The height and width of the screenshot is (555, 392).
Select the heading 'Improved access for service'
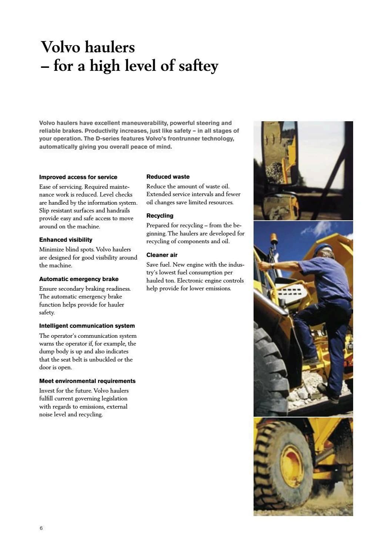pyautogui.click(x=78, y=177)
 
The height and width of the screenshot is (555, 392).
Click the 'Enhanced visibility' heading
pyautogui.click(x=66, y=240)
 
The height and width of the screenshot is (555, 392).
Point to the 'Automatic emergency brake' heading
pyautogui.click(x=79, y=279)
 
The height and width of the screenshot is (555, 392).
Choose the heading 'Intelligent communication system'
pyautogui.click(x=87, y=326)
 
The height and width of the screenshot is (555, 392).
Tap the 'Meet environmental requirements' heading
pyautogui.click(x=87, y=381)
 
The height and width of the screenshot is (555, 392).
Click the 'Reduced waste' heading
pyautogui.click(x=168, y=177)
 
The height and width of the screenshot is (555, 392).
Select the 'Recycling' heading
pyautogui.click(x=160, y=216)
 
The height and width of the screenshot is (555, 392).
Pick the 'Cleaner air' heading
pyautogui.click(x=162, y=255)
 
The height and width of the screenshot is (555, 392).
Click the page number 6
pyautogui.click(x=41, y=528)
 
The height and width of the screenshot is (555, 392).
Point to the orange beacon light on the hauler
pyautogui.click(x=274, y=238)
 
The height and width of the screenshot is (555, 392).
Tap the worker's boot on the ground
pyautogui.click(x=328, y=393)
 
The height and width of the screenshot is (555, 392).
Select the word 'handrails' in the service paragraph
pyautogui.click(x=118, y=211)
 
